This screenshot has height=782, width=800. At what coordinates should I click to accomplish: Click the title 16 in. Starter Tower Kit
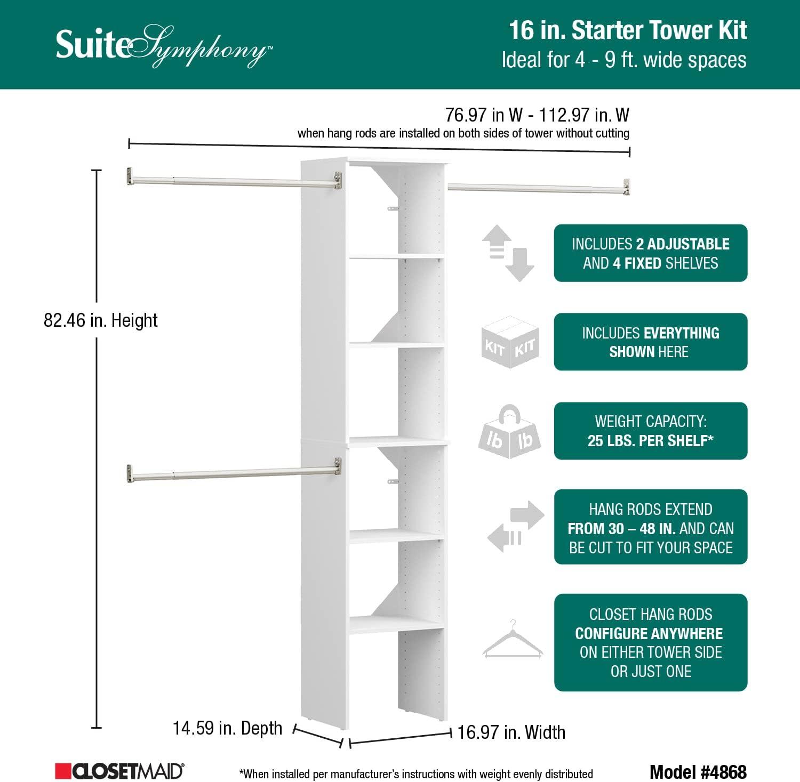pos(627,30)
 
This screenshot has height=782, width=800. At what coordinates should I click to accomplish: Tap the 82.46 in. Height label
pos(100,320)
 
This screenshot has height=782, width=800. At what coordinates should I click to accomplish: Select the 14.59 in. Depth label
pos(227,728)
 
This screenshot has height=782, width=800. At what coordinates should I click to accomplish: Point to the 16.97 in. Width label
pos(511,732)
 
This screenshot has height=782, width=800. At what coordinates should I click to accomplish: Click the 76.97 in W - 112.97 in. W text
pos(537,115)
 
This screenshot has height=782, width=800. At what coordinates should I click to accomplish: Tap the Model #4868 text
pos(698,771)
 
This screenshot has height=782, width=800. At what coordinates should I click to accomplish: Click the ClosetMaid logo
pos(119,771)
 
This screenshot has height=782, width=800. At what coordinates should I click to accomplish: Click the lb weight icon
pos(509,432)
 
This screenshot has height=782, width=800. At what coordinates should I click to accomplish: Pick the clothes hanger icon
pos(513,640)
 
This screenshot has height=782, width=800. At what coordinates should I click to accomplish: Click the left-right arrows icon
pos(515,527)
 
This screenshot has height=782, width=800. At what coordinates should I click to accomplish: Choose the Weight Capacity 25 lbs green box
pos(650,431)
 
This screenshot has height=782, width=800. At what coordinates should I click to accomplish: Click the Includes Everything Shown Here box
pos(650,342)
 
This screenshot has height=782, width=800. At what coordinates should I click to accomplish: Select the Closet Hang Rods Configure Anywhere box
pos(650,642)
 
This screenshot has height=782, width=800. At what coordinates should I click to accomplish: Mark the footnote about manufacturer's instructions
pos(416,774)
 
